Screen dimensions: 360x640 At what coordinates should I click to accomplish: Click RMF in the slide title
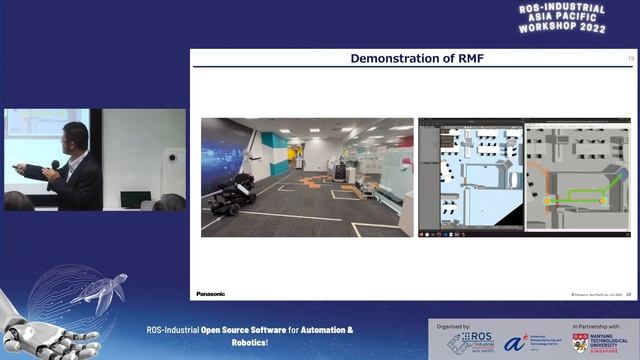pos(469,59)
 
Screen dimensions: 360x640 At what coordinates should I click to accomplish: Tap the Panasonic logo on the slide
pos(211,294)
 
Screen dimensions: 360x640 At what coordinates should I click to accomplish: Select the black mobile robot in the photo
pos(233,191)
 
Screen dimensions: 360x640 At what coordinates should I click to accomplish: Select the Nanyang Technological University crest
pos(580,343)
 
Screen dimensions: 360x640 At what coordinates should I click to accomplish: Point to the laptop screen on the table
pos(135,199)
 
